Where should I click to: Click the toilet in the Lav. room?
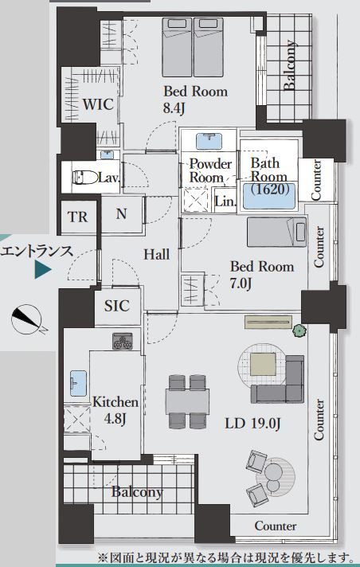tap(85, 178)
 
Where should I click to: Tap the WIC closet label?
tap(98, 104)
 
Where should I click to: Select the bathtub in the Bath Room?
tap(269, 196)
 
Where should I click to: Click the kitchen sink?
tap(79, 383)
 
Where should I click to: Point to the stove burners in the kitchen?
tap(123, 341)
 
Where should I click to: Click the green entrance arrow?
tap(43, 270)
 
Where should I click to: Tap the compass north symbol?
tap(27, 319)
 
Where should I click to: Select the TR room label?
tap(77, 217)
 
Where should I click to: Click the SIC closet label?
tap(116, 306)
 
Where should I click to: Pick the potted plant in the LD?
tap(299, 330)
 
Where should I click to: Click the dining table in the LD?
tap(187, 401)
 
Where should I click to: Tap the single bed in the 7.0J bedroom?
tap(277, 233)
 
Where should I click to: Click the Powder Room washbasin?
tap(209, 141)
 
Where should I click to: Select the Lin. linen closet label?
tap(225, 201)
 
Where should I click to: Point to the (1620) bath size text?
tap(270, 189)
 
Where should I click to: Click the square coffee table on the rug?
tap(262, 365)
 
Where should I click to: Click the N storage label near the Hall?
tap(122, 214)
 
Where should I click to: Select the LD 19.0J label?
tap(252, 423)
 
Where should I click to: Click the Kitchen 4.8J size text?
tap(115, 418)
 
